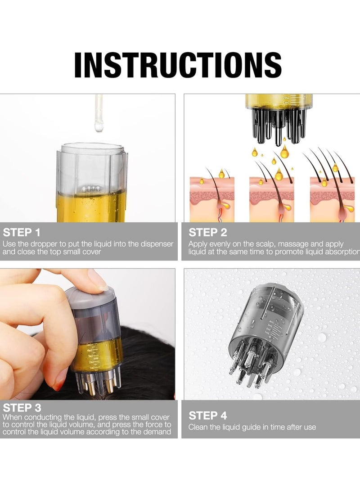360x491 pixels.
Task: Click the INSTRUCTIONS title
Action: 178,65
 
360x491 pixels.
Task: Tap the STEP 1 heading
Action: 22,232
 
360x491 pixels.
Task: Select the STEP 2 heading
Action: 207,232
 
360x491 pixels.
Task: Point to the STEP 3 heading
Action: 22,408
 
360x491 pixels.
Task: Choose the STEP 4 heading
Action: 207,415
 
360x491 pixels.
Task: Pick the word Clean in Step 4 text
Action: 198,427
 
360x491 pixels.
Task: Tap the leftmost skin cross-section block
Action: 212,199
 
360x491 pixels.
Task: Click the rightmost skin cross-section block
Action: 332,199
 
